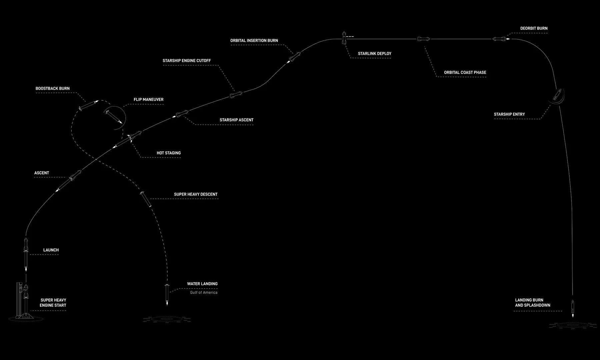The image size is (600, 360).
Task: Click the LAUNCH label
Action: coord(51,250)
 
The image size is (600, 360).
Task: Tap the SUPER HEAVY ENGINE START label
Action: coord(53,303)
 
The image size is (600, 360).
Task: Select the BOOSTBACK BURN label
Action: coord(53,89)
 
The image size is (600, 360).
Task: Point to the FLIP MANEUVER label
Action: coord(149,100)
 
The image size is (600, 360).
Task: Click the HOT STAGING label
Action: coord(169,153)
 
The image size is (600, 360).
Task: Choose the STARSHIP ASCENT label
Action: coord(236,120)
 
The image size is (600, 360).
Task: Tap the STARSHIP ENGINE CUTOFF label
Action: coord(187,61)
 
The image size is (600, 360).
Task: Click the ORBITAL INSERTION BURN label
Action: coord(254,41)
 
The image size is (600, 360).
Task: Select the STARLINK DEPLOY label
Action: coord(375,54)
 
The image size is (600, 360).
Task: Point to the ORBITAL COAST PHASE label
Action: coord(465,73)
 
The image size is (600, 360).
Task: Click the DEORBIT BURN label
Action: coord(534,29)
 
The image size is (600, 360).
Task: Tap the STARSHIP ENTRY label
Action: coord(509,114)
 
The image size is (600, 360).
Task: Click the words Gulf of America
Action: coord(204,293)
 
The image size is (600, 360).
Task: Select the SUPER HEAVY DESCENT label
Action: coord(196,194)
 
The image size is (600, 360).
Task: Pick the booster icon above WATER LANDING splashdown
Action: coord(167,294)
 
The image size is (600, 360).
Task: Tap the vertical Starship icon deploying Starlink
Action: coord(344,38)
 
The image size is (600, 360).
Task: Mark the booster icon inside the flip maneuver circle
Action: coord(113,117)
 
